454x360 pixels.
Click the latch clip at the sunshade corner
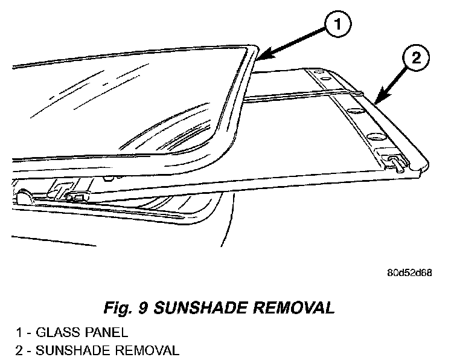point(397,160)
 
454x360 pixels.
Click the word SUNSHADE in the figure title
point(204,308)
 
